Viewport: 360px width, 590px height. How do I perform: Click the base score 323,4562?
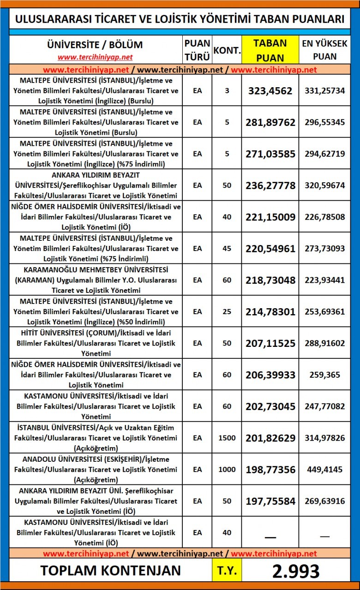270,91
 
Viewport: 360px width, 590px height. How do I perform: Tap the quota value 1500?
227,438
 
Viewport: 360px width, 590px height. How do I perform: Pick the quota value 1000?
227,470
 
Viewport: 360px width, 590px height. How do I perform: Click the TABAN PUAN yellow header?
270,50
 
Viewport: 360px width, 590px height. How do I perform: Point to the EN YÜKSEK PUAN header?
324,50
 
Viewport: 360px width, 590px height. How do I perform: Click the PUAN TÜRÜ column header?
197,50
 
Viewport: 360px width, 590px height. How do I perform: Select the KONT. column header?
227,50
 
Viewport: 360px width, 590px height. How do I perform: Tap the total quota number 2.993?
295,571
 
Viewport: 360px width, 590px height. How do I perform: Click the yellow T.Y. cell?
227,571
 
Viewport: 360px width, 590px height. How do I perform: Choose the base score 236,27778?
270,185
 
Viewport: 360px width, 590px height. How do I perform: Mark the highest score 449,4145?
324,470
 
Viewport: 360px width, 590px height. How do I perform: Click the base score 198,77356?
270,470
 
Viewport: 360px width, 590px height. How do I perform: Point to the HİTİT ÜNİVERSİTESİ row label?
96,343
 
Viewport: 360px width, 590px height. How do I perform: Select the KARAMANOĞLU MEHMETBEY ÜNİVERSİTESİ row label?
96,280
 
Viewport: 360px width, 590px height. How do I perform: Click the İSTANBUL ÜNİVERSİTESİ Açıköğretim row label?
96,438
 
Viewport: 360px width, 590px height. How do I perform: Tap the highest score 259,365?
324,375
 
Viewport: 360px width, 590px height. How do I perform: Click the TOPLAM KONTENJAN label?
111,571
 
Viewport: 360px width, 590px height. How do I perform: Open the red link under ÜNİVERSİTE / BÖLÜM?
95,57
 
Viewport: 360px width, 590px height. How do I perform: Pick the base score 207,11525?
270,343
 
